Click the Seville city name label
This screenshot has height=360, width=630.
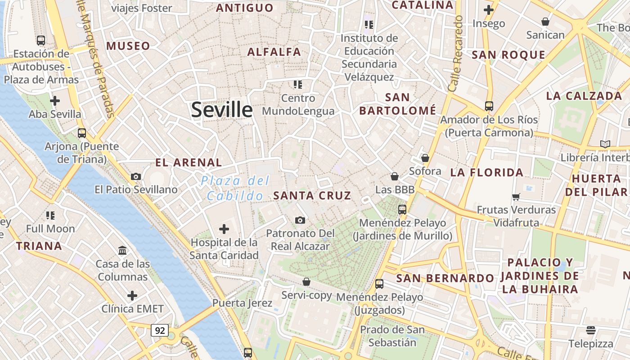tap(222, 110)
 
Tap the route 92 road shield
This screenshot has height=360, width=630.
tap(160, 331)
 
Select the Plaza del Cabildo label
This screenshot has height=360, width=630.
tap(235, 188)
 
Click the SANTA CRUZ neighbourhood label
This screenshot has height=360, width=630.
tap(312, 195)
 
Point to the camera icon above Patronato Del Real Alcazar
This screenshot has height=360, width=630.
tap(300, 220)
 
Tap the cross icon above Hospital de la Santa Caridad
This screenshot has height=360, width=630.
tap(224, 229)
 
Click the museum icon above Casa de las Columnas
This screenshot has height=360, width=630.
tap(122, 250)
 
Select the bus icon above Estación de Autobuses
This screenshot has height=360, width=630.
tap(41, 40)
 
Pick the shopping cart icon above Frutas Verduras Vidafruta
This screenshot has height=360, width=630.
tap(516, 196)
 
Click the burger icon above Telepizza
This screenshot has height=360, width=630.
tap(591, 330)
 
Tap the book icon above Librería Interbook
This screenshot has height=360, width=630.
tap(605, 144)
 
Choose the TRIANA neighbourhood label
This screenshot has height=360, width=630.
tap(39, 246)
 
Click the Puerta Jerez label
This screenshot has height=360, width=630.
tap(242, 303)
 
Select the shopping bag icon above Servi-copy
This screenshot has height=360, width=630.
tap(306, 282)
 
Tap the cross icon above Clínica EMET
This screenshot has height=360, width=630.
tap(132, 296)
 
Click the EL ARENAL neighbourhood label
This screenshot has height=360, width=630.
tap(189, 162)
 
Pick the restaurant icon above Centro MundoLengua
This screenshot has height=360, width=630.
tap(297, 84)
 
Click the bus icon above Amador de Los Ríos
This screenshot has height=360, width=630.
tap(489, 106)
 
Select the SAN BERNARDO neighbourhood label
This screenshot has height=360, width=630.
tap(445, 278)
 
